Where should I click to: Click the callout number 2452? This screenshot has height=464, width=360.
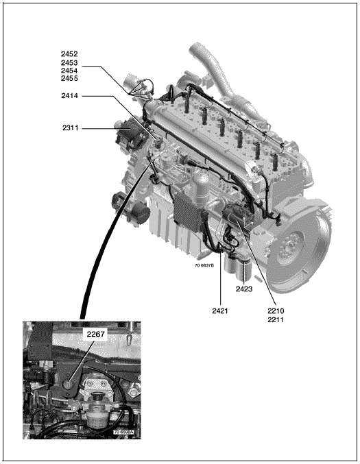(x=69, y=54)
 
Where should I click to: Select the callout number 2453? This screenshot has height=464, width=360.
(x=69, y=63)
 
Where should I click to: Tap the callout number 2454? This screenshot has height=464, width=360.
(x=69, y=71)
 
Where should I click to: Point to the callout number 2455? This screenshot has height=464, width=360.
(x=69, y=78)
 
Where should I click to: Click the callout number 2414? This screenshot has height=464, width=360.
(x=69, y=96)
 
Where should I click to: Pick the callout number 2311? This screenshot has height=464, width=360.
(x=70, y=128)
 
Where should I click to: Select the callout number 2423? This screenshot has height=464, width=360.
(x=244, y=289)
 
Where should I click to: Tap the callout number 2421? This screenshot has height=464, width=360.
(x=220, y=311)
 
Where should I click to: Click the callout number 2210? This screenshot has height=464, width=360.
(x=276, y=311)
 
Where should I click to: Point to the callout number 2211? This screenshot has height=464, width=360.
(x=276, y=320)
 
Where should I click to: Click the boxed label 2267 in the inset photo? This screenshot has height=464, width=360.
(x=95, y=334)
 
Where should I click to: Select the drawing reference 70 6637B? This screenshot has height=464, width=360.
(x=204, y=265)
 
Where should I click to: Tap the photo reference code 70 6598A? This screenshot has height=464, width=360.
(x=123, y=432)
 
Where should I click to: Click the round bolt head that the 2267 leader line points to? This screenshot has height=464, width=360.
(x=69, y=384)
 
